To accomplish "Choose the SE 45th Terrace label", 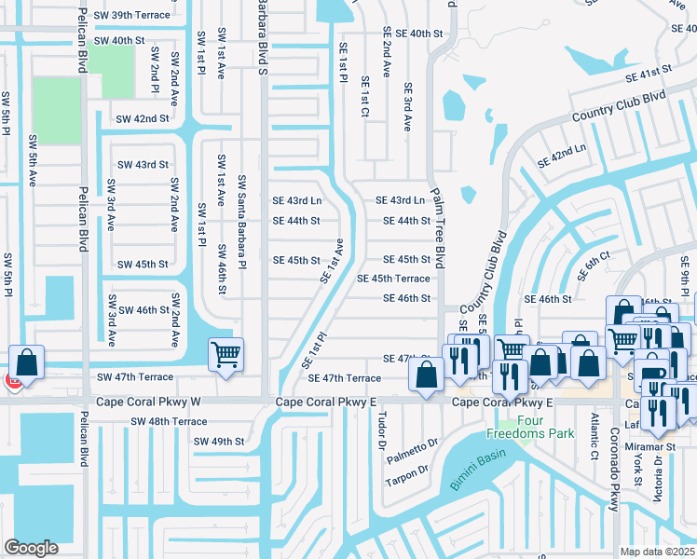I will coord(394,279).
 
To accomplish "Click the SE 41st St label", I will coord(649,75).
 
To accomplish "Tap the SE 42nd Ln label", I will coord(562,157).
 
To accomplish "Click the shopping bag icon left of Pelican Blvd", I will coord(27,361).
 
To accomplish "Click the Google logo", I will coord(31,547).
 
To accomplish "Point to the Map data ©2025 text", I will coord(659,552).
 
